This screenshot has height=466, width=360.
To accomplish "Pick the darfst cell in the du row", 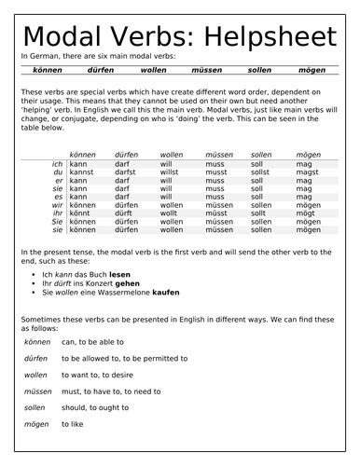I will tap(125, 172).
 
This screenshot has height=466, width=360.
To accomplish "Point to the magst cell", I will tap(307, 172).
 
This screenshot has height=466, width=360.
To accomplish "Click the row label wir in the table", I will tap(58, 205).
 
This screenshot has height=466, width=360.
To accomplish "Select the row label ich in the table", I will tap(58, 164).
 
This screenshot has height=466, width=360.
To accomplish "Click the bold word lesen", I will tap(120, 276).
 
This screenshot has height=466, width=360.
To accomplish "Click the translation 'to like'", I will tap(72, 425).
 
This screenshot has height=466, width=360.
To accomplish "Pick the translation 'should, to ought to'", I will tap(94, 408).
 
